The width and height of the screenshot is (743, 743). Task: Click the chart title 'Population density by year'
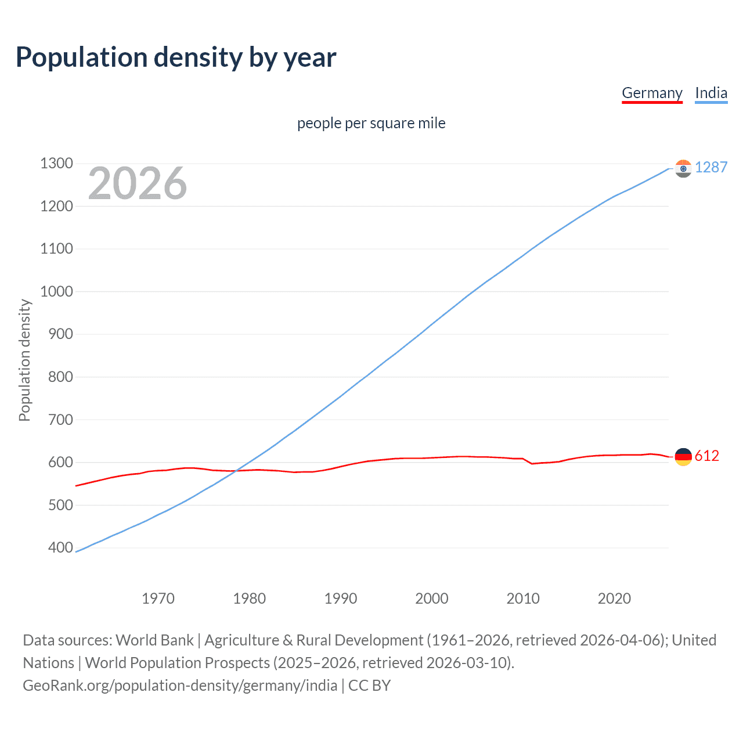[176, 57]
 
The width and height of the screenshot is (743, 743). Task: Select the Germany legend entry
[652, 93]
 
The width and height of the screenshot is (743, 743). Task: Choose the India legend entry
[711, 93]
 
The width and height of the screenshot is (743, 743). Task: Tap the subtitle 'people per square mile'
[371, 123]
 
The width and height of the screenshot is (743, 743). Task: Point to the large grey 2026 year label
[138, 183]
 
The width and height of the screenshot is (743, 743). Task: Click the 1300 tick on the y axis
[56, 164]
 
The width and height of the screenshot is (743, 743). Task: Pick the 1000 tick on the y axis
[56, 291]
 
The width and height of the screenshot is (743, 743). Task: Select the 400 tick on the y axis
[60, 547]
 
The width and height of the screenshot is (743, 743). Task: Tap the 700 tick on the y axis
[60, 420]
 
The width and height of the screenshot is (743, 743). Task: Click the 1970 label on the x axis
[158, 598]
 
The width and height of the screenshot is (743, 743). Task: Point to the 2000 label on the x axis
[432, 598]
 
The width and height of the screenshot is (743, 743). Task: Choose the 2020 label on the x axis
[614, 598]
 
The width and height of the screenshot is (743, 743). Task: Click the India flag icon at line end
[683, 168]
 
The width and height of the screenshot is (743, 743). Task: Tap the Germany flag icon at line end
[683, 457]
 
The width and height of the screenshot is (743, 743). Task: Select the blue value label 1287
[711, 167]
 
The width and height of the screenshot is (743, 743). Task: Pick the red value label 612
[707, 456]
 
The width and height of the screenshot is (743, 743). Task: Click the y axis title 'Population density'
[24, 360]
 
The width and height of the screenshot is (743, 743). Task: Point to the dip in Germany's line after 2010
[532, 463]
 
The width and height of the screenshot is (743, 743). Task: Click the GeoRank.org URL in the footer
[180, 686]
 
